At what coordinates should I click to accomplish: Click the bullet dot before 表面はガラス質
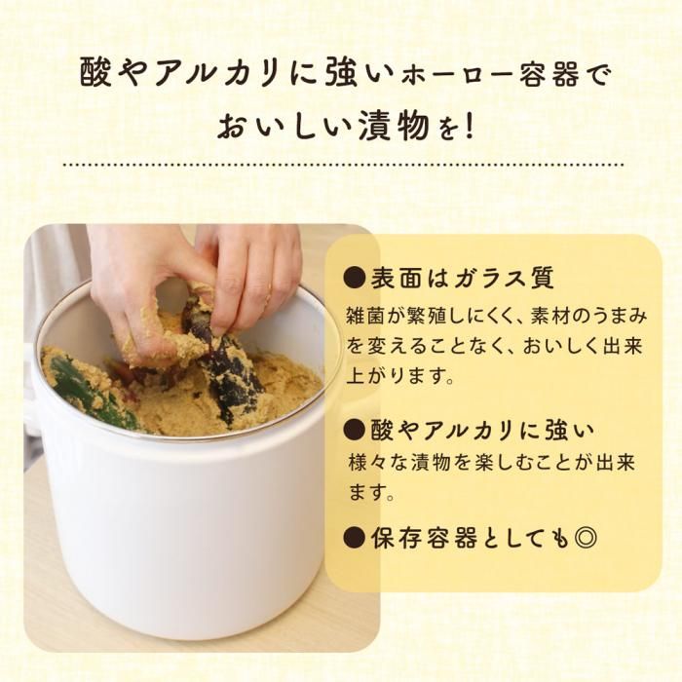[x=354, y=277]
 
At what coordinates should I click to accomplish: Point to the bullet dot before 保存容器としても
[x=354, y=538]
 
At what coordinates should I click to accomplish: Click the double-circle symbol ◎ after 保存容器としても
[x=585, y=538]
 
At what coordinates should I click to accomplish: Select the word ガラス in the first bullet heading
[x=488, y=277]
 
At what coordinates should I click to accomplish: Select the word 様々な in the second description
[x=377, y=463]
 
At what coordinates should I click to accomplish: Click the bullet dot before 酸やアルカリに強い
[x=354, y=430]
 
